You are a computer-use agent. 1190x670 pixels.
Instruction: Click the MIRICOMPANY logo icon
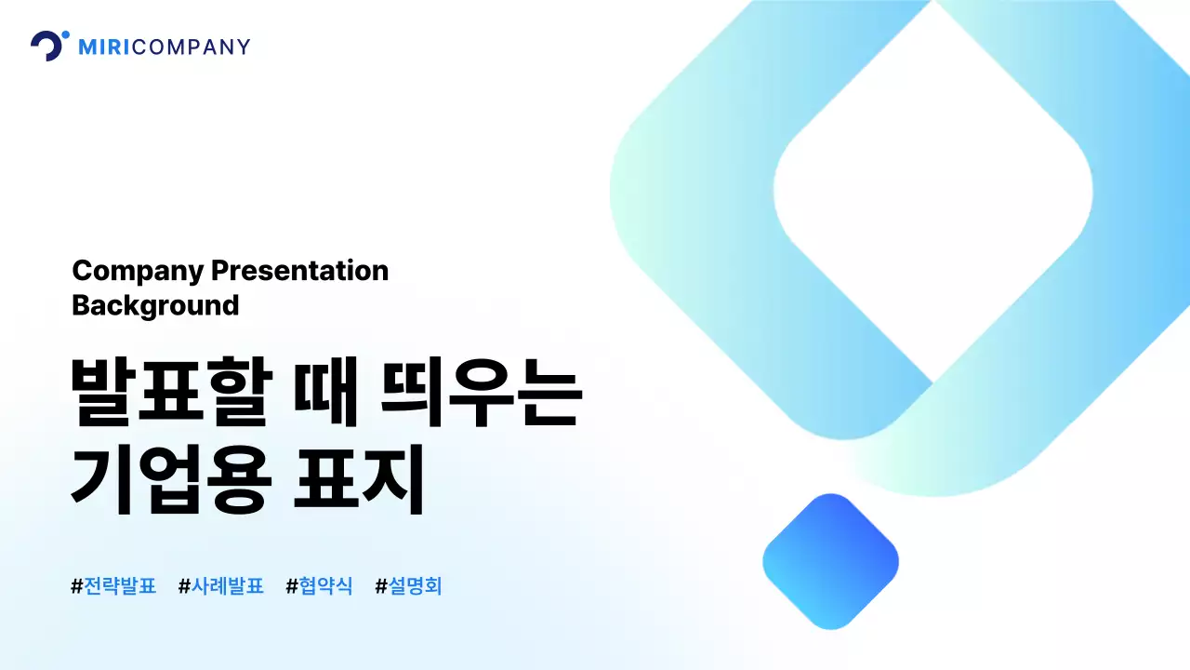coord(48,46)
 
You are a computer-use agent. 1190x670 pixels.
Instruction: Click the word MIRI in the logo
coord(105,47)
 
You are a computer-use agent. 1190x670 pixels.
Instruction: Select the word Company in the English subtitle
coord(138,271)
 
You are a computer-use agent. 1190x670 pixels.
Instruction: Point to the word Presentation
coord(299,271)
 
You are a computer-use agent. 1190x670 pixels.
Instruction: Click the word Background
coord(155,305)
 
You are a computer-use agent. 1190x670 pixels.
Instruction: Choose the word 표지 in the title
coord(359,479)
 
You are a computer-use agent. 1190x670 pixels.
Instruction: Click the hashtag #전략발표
coord(113,586)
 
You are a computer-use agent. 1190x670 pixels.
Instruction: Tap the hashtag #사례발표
coord(221,586)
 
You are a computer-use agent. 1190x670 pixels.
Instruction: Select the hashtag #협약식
coord(320,586)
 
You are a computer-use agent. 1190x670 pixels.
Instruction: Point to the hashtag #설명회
coord(409,586)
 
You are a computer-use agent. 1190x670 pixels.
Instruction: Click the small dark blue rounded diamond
coord(830,561)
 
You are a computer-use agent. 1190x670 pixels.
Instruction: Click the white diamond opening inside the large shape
coord(932,191)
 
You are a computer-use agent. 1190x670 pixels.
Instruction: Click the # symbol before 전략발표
coord(77,586)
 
